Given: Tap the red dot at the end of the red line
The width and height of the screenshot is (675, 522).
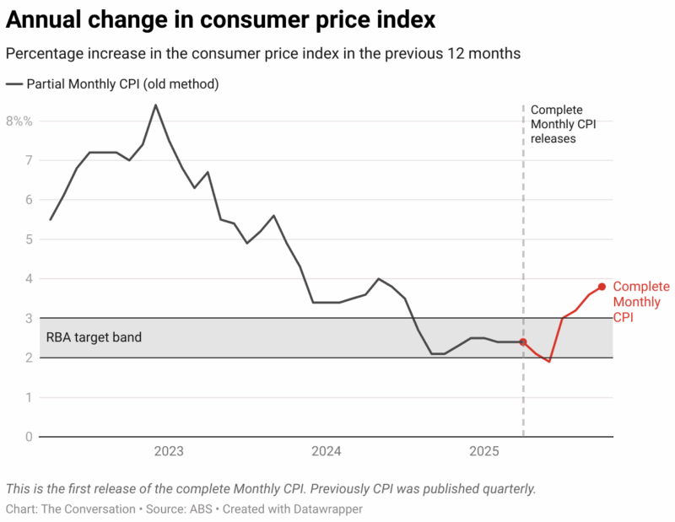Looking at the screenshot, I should click(x=602, y=287).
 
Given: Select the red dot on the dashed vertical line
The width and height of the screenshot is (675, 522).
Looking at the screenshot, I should click(x=523, y=342).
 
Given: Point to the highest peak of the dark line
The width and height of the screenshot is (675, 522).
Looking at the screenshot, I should click(x=155, y=105).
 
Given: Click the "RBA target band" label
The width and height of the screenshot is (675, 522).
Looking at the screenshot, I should click(x=93, y=337).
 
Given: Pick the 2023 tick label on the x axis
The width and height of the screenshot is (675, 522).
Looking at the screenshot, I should click(x=169, y=452).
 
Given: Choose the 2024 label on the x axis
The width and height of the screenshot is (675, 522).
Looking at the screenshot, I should click(x=326, y=452).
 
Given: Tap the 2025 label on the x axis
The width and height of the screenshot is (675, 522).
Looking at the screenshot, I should click(x=483, y=452).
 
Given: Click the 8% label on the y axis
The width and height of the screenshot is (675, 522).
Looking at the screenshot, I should click(x=19, y=121).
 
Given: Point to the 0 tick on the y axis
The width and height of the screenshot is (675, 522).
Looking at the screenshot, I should click(x=29, y=437).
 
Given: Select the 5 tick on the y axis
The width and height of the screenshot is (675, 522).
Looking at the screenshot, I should click(x=29, y=239).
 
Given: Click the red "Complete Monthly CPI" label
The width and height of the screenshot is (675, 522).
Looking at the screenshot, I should click(x=640, y=302).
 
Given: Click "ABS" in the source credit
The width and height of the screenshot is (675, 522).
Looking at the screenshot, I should click(x=196, y=509).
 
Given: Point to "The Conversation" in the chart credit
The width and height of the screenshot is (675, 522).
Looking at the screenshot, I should click(x=88, y=509).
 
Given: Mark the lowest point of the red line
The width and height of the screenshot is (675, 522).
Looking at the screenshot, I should click(x=549, y=361).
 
